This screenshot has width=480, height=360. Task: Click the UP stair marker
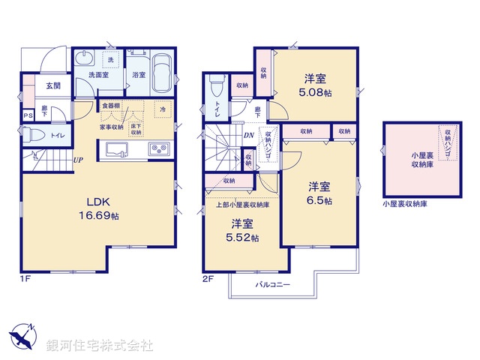coord(78,159)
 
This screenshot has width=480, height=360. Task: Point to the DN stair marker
coord(249,135)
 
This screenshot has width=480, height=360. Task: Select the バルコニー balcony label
coord(271,286)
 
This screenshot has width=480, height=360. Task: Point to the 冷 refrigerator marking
coord(163,110)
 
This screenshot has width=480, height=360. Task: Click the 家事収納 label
coord(112,127)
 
